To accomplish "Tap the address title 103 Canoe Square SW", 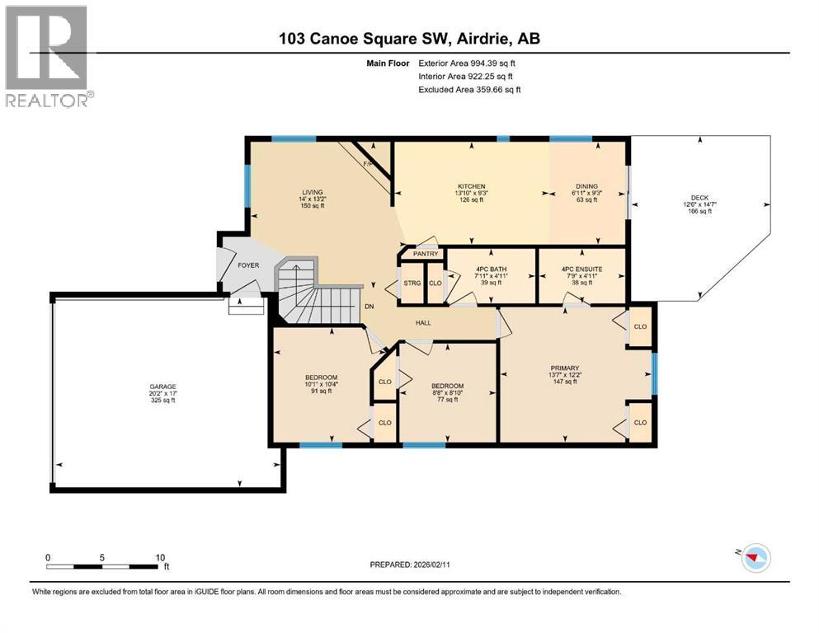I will [x=409, y=39].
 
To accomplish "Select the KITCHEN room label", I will [x=472, y=186].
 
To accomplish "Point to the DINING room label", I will [x=586, y=186].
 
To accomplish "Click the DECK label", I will [x=699, y=198].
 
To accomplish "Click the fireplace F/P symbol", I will [x=368, y=164].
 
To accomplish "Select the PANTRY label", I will [x=426, y=254].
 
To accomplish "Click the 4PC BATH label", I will [x=492, y=269].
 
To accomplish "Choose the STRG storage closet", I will [x=412, y=284].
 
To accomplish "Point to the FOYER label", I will [x=248, y=266].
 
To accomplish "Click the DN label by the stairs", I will [x=370, y=306].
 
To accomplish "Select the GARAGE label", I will [x=162, y=387].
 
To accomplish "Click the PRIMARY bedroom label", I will [x=565, y=368].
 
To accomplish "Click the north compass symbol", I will [x=754, y=558].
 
